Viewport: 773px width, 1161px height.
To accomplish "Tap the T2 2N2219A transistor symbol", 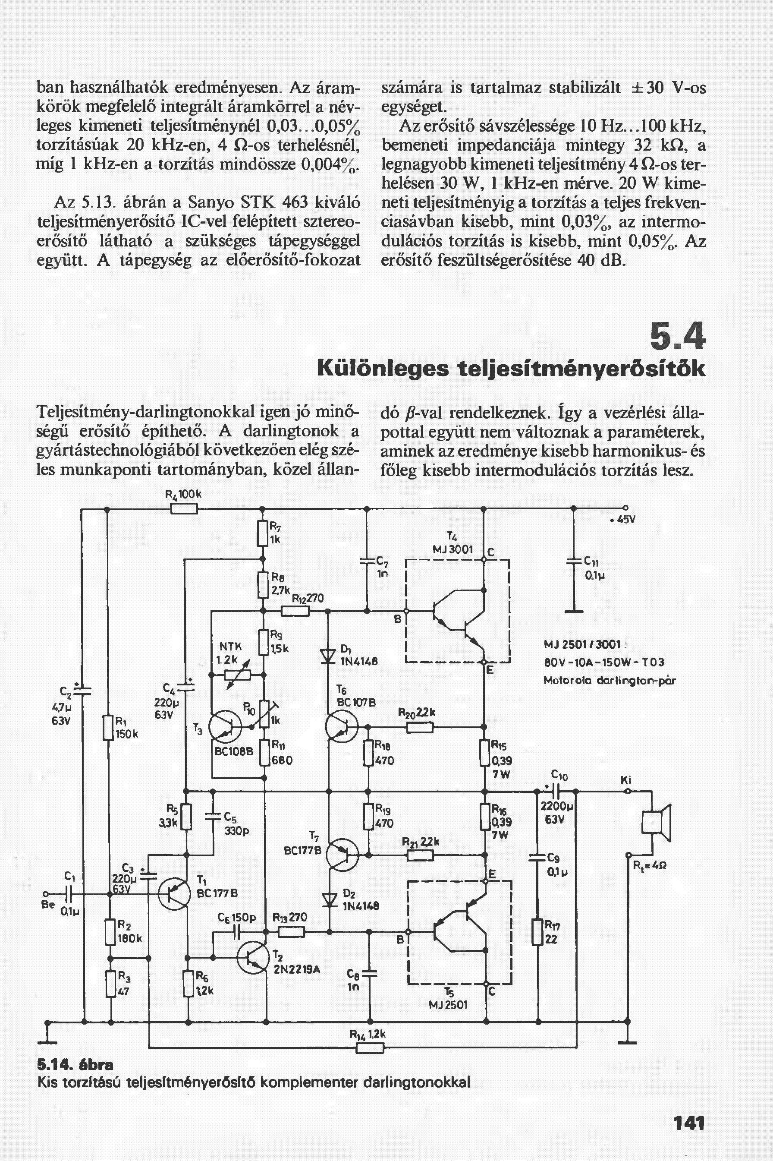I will (x=251, y=956).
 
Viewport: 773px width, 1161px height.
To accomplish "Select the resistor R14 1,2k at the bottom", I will (x=369, y=1060).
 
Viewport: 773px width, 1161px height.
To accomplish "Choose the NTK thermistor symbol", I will (x=238, y=674).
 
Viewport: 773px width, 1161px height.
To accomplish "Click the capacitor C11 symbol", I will (x=573, y=561).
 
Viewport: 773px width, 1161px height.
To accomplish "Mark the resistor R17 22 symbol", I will (x=537, y=931).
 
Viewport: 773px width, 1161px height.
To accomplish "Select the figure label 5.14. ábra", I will (x=77, y=1075).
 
